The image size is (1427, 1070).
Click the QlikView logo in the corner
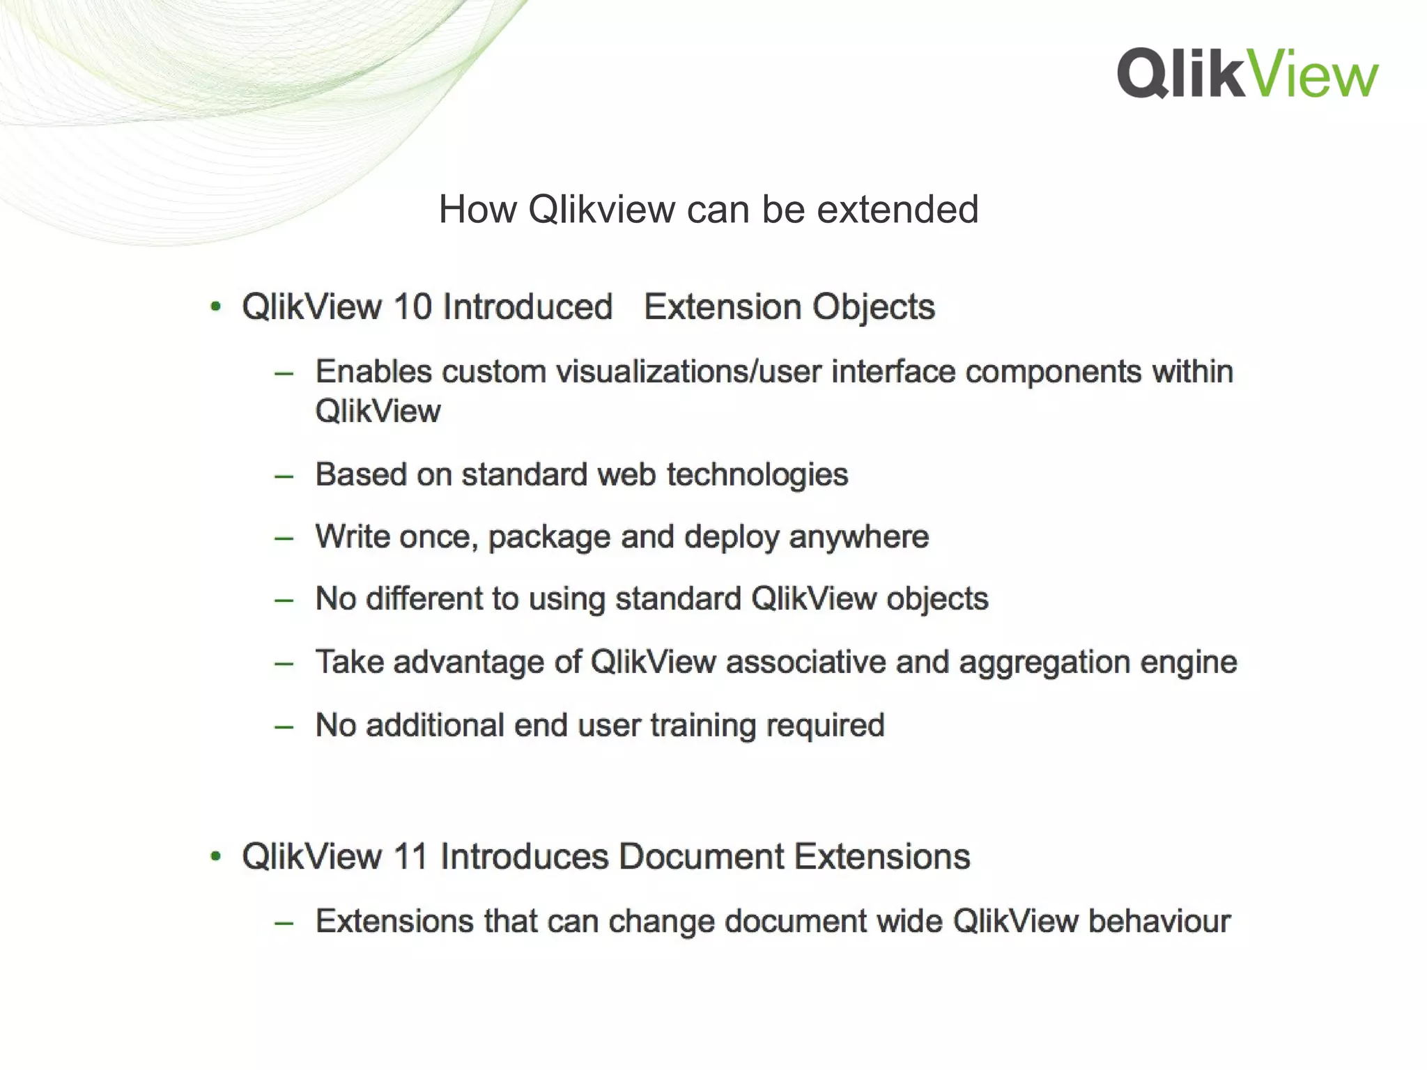click(1247, 73)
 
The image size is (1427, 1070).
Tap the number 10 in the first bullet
click(412, 307)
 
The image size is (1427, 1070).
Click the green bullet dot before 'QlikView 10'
click(216, 307)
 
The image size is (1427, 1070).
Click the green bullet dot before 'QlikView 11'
click(216, 856)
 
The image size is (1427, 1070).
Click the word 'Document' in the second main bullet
click(701, 856)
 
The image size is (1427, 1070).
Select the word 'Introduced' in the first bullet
click(527, 307)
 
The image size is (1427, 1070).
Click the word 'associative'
click(805, 662)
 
